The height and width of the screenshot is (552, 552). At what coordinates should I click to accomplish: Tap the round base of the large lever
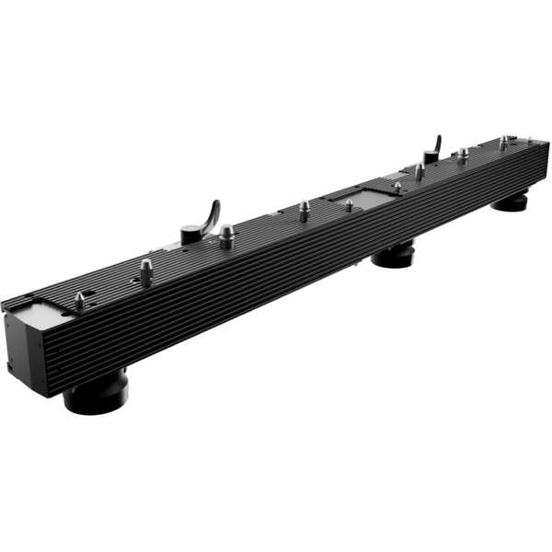[x=195, y=236]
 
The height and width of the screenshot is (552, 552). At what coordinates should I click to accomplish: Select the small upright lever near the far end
[x=431, y=146]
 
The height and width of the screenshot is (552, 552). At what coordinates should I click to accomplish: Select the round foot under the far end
[x=507, y=201]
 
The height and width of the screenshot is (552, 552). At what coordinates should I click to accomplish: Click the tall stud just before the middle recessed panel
[x=304, y=211]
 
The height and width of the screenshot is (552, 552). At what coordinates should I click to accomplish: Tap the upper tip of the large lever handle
[x=217, y=200]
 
